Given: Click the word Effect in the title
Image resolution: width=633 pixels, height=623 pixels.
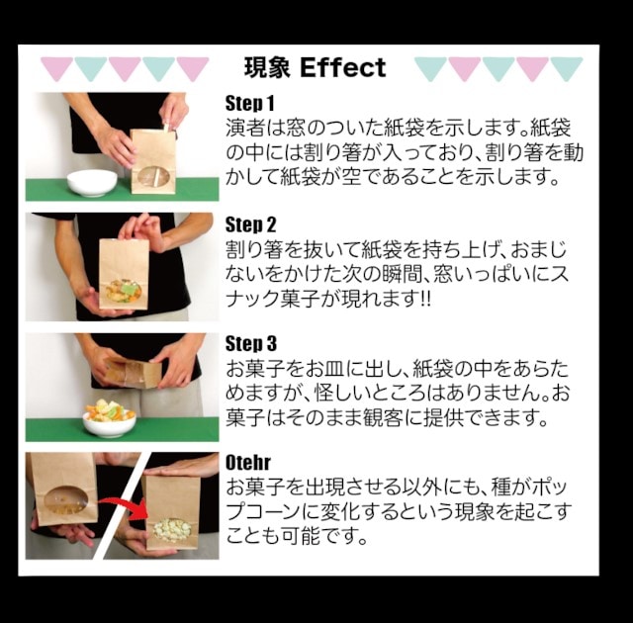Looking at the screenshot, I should [x=342, y=68].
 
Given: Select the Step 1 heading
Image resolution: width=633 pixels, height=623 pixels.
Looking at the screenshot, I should [x=250, y=104].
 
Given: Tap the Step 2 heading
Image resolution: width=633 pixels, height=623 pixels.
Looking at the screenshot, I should [x=250, y=224].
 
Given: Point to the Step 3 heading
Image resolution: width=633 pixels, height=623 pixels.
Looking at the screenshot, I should [x=250, y=344].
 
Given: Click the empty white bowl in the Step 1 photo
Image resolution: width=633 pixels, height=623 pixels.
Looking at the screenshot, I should [x=92, y=182].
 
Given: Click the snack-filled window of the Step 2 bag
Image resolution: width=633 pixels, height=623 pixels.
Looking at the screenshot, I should [x=126, y=292].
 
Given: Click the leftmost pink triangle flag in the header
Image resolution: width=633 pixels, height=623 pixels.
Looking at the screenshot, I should [x=56, y=67].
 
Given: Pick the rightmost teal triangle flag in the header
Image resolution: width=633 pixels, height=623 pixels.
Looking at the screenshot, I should [x=566, y=67].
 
